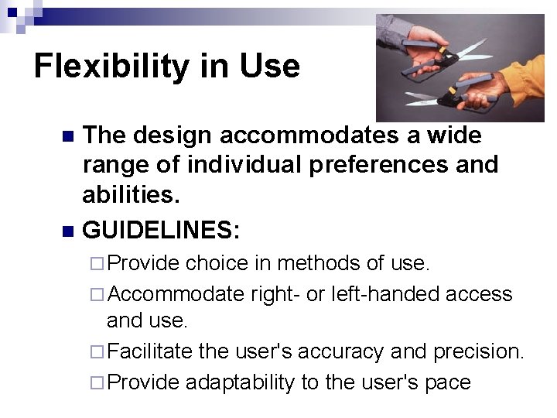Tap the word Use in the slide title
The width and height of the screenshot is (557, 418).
pyautogui.click(x=268, y=67)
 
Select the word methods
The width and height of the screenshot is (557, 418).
pyautogui.click(x=319, y=263)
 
